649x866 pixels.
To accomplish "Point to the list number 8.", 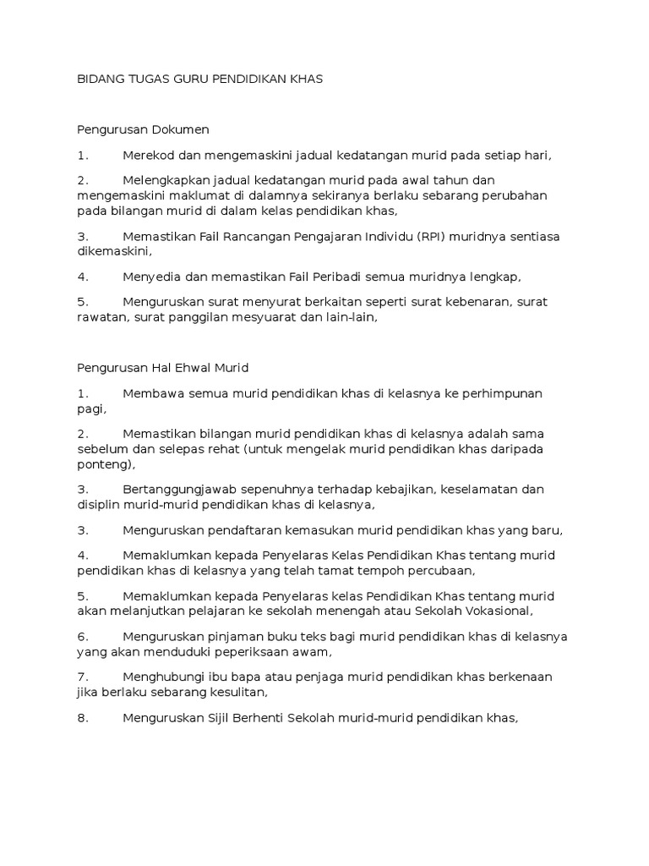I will [83, 718].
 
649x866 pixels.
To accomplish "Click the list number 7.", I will [83, 677].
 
